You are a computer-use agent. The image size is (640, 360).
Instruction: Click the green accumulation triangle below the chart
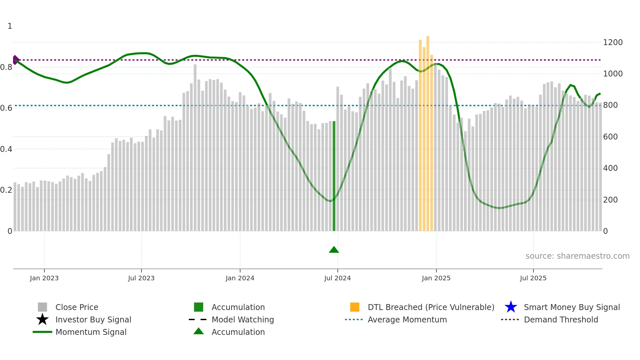pos(334,250)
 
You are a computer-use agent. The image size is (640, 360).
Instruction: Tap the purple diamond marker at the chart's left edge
pos(15,60)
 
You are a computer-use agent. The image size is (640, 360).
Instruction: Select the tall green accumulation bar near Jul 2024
pos(334,176)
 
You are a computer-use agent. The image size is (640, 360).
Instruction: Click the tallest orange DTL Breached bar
pos(428,131)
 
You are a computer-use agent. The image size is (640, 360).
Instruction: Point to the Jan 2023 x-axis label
pos(44,278)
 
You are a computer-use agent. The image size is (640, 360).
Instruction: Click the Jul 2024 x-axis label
pos(337,278)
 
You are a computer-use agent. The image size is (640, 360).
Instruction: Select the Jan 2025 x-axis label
pos(436,278)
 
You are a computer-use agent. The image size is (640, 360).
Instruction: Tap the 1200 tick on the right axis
pos(613,42)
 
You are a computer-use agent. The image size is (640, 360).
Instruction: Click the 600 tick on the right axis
pos(610,137)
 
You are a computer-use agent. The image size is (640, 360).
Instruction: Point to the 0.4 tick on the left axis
pos(6,149)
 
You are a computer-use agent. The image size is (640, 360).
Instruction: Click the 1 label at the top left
pos(10,26)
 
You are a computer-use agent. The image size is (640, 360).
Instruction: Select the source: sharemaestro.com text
pos(577,256)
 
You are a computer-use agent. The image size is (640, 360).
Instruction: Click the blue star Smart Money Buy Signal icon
pos(511,307)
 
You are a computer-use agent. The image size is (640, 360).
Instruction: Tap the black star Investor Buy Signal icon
pos(42,319)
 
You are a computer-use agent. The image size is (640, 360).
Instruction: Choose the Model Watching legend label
pos(243,319)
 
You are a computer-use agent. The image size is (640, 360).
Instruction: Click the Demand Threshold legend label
pos(561,319)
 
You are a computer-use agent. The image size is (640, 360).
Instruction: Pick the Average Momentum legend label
pos(407,319)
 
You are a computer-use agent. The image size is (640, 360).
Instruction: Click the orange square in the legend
pos(355,307)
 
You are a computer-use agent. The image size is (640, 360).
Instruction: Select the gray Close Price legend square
pos(42,307)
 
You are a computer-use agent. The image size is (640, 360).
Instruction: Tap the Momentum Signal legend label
pos(91,332)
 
